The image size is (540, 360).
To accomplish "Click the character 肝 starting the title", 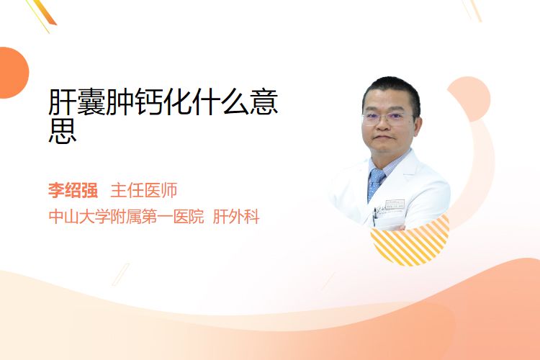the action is (x=63, y=102).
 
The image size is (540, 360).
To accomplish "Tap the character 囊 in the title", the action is (x=91, y=102).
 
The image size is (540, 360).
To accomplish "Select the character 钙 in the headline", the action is (x=149, y=102).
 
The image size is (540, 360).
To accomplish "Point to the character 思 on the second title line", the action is (x=63, y=130).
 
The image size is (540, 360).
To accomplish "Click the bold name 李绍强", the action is (x=73, y=190).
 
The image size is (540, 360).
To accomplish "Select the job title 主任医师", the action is (x=143, y=190).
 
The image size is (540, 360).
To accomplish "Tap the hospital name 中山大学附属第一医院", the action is (x=127, y=217).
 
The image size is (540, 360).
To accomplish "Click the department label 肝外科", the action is (x=236, y=217).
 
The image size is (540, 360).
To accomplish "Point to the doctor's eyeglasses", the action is (x=387, y=118).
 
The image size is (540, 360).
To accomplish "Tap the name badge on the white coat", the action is (x=395, y=204).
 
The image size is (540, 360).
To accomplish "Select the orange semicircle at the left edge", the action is (x=13, y=73).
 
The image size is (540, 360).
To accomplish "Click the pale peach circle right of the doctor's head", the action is (x=469, y=99).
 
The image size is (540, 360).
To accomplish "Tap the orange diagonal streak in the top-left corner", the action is (x=45, y=12).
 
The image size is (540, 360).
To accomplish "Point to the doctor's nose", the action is (x=383, y=126).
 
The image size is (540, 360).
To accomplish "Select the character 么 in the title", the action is (x=235, y=102).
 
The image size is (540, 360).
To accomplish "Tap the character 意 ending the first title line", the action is (x=264, y=102).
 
